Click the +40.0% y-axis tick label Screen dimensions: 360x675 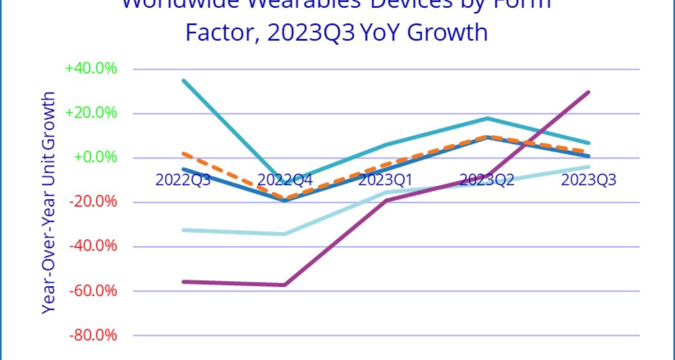click(x=91, y=69)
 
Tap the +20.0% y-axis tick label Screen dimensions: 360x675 click(x=91, y=113)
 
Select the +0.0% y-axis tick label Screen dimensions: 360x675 click(x=96, y=157)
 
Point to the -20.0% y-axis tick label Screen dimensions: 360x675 click(x=93, y=201)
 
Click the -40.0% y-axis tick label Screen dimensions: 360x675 click(x=93, y=246)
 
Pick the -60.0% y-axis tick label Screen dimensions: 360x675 click(x=93, y=291)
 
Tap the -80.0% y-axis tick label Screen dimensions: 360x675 click(x=93, y=335)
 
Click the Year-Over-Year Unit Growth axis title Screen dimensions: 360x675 click(x=49, y=202)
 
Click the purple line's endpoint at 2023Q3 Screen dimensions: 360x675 click(x=589, y=92)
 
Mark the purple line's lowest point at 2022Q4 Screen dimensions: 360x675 click(x=285, y=285)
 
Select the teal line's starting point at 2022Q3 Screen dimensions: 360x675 click(x=183, y=80)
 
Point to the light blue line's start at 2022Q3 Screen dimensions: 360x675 click(x=183, y=230)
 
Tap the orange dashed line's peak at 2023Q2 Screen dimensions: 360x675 click(x=488, y=136)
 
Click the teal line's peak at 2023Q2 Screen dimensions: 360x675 click(x=488, y=118)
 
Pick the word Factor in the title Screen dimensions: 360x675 click(x=219, y=33)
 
